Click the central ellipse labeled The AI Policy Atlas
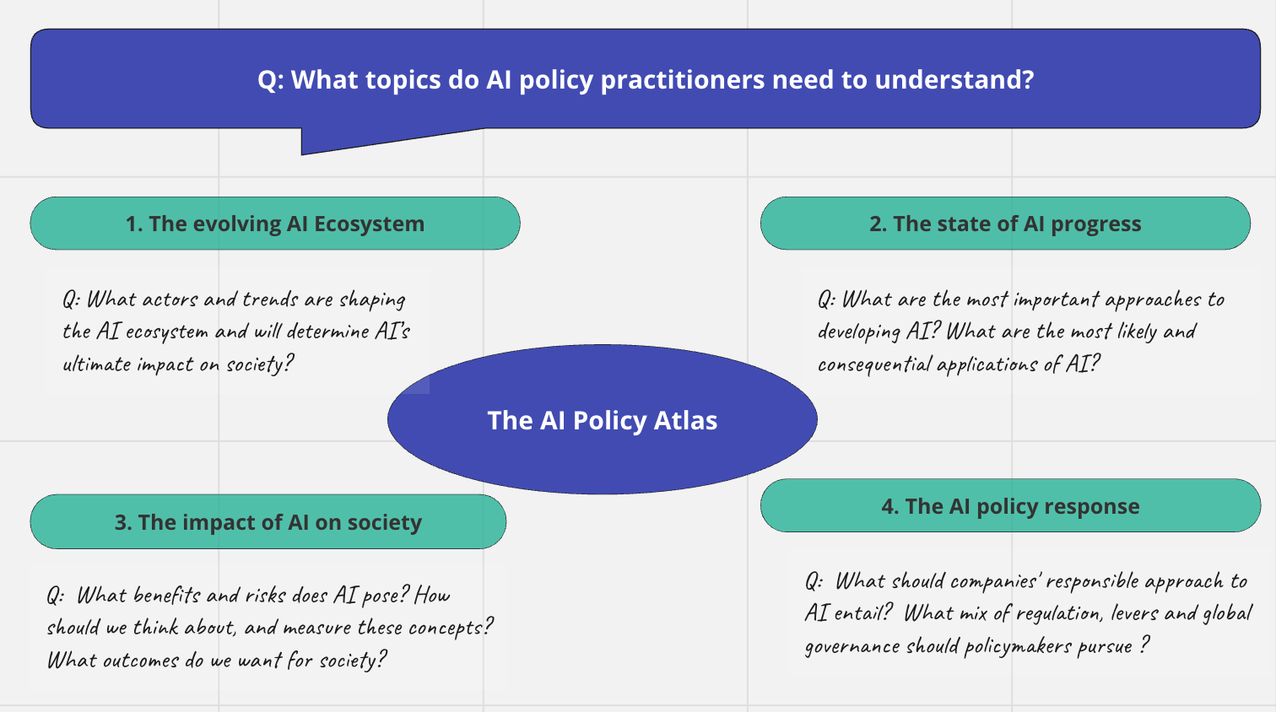pos(602,419)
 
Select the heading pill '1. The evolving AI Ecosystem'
pos(275,224)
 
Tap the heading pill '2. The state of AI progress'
pos(1005,224)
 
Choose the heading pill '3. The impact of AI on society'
pos(268,522)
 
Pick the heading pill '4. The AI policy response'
pos(1010,506)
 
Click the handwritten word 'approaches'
pos(1152,300)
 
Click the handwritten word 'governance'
pos(852,647)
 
